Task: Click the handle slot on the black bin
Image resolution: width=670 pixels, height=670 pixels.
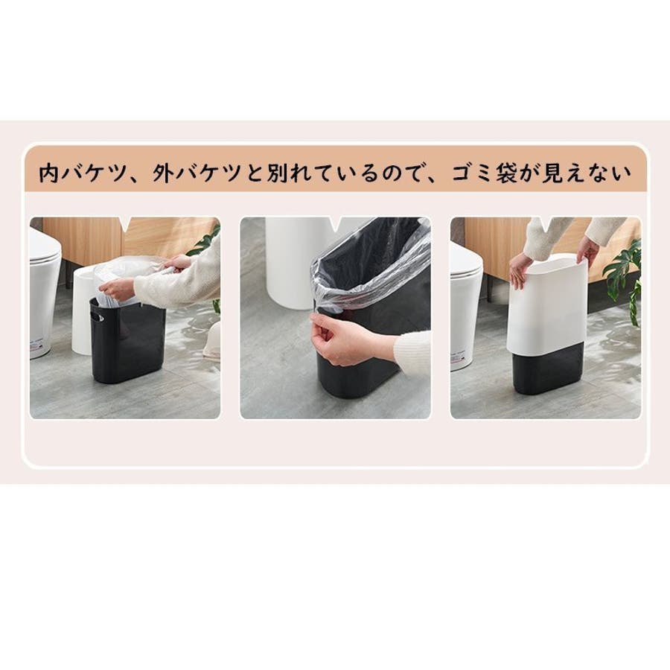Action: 97,316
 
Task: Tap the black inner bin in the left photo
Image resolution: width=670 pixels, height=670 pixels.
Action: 128,340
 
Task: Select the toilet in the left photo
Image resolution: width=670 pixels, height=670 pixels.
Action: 44,290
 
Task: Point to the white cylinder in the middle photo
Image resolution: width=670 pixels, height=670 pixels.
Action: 291,261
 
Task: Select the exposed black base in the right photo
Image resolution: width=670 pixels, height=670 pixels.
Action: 548,370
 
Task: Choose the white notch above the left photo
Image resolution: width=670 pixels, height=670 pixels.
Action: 125,223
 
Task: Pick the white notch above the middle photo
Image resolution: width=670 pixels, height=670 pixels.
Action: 336,223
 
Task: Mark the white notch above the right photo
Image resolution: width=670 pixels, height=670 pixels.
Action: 546,223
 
